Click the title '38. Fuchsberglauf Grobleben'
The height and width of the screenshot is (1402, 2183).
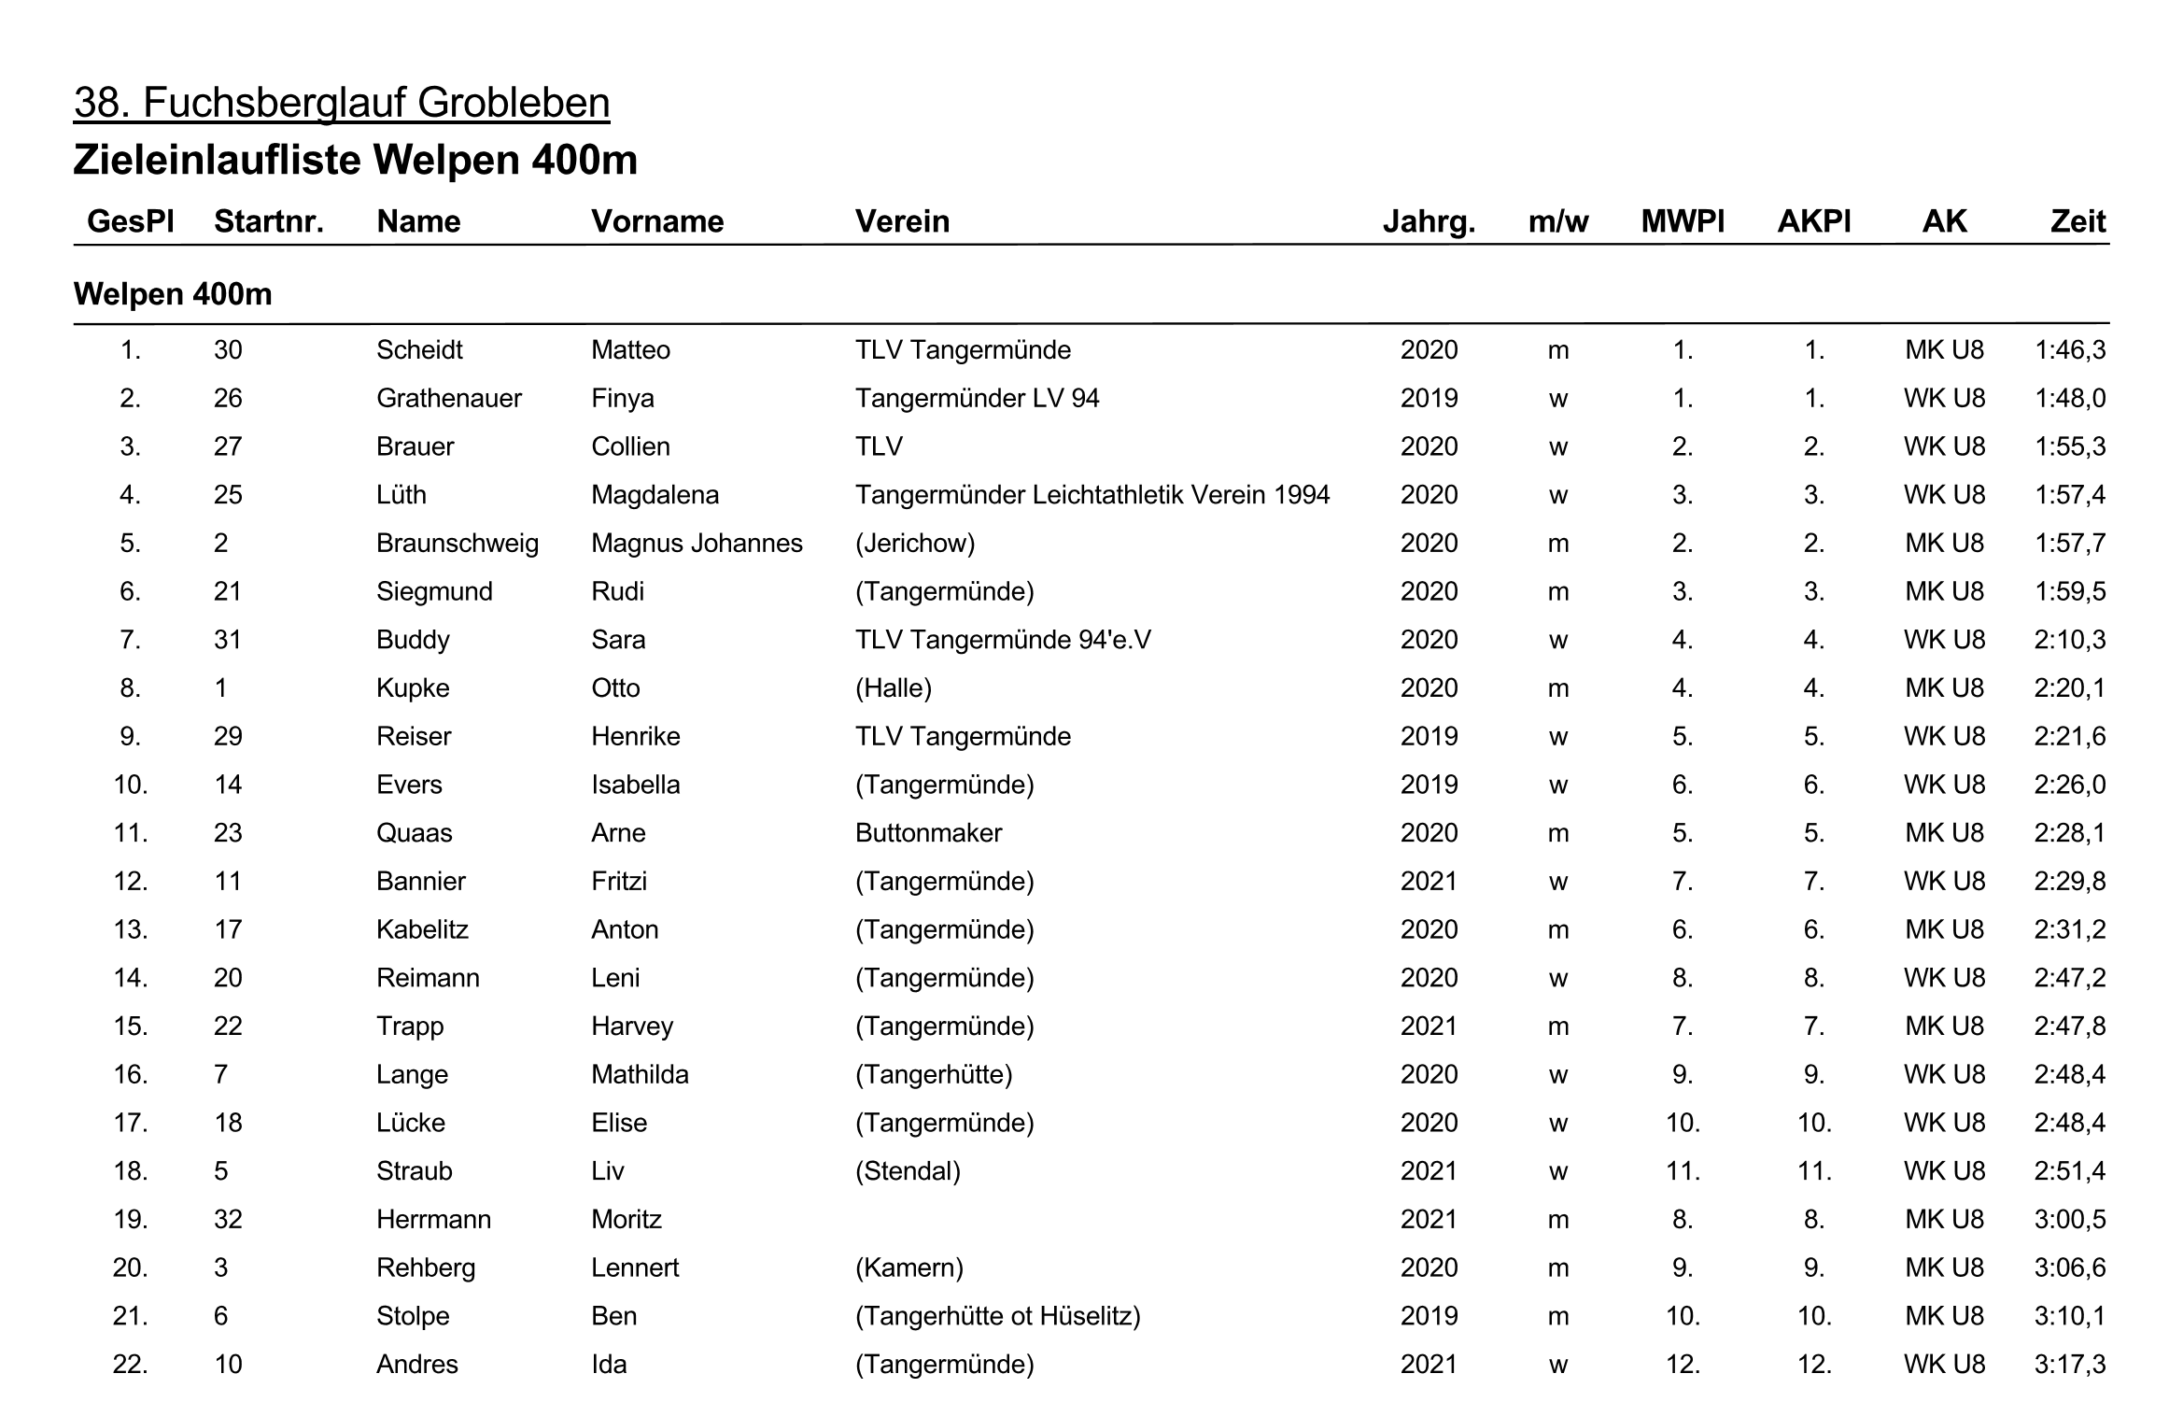point(342,103)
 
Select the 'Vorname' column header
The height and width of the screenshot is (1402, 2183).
point(657,221)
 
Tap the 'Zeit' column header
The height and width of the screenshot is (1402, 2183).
point(2077,221)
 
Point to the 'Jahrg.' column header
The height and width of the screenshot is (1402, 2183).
point(1429,221)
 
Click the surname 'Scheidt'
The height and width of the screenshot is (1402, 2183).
point(419,349)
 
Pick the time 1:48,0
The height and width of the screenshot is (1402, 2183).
point(2070,398)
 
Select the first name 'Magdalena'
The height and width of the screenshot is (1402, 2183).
point(655,494)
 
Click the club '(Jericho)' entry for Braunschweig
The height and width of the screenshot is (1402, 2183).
point(915,543)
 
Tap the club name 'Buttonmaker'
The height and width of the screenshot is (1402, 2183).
point(928,832)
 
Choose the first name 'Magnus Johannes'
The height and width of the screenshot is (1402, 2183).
point(697,543)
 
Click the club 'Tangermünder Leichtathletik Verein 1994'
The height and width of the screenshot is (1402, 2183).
point(1092,494)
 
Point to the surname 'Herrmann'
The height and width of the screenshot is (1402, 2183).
point(433,1219)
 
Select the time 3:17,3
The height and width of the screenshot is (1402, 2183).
point(2070,1364)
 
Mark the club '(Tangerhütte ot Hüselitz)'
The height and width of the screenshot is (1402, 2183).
point(997,1315)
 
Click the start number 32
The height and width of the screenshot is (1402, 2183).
point(228,1219)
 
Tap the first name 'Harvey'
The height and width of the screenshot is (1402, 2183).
point(632,1026)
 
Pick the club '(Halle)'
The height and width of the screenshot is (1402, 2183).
point(894,687)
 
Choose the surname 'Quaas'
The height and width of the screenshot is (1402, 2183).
point(414,832)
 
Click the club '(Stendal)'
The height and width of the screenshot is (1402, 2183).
point(908,1170)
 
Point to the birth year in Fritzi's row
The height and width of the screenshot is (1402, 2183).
point(1429,881)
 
